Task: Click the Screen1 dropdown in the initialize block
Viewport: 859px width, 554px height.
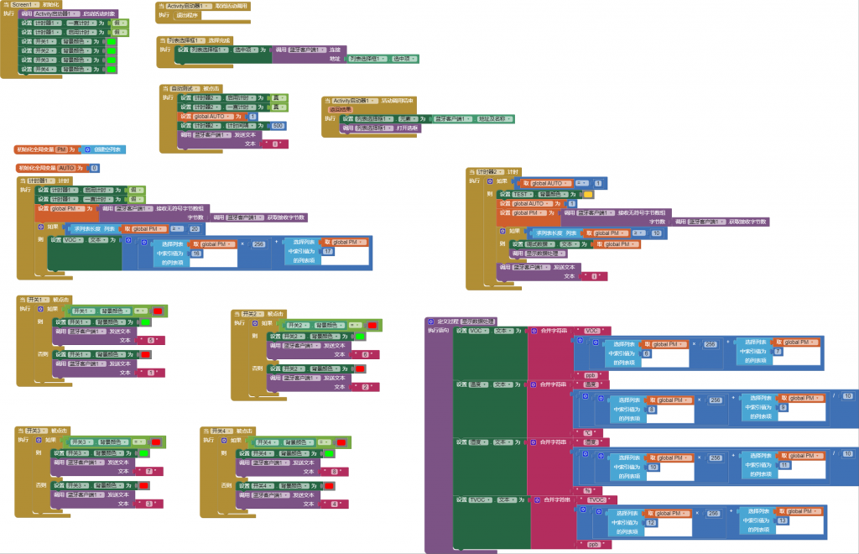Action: (x=22, y=5)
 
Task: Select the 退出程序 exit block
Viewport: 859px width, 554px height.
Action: (x=188, y=14)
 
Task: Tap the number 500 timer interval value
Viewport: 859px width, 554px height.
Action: (x=278, y=125)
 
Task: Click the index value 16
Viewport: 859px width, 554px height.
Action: (x=196, y=253)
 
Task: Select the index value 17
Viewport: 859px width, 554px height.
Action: (x=327, y=251)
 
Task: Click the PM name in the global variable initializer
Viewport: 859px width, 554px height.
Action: (x=61, y=149)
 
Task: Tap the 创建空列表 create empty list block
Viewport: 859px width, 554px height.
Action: (x=104, y=149)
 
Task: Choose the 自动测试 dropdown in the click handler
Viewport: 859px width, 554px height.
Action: (x=185, y=87)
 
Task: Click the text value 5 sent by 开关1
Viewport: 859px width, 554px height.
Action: (x=152, y=340)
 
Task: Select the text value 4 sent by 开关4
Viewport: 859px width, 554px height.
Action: (x=335, y=504)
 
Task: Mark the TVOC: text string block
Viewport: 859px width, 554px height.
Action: (x=597, y=500)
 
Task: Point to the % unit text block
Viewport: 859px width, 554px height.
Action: (x=587, y=489)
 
